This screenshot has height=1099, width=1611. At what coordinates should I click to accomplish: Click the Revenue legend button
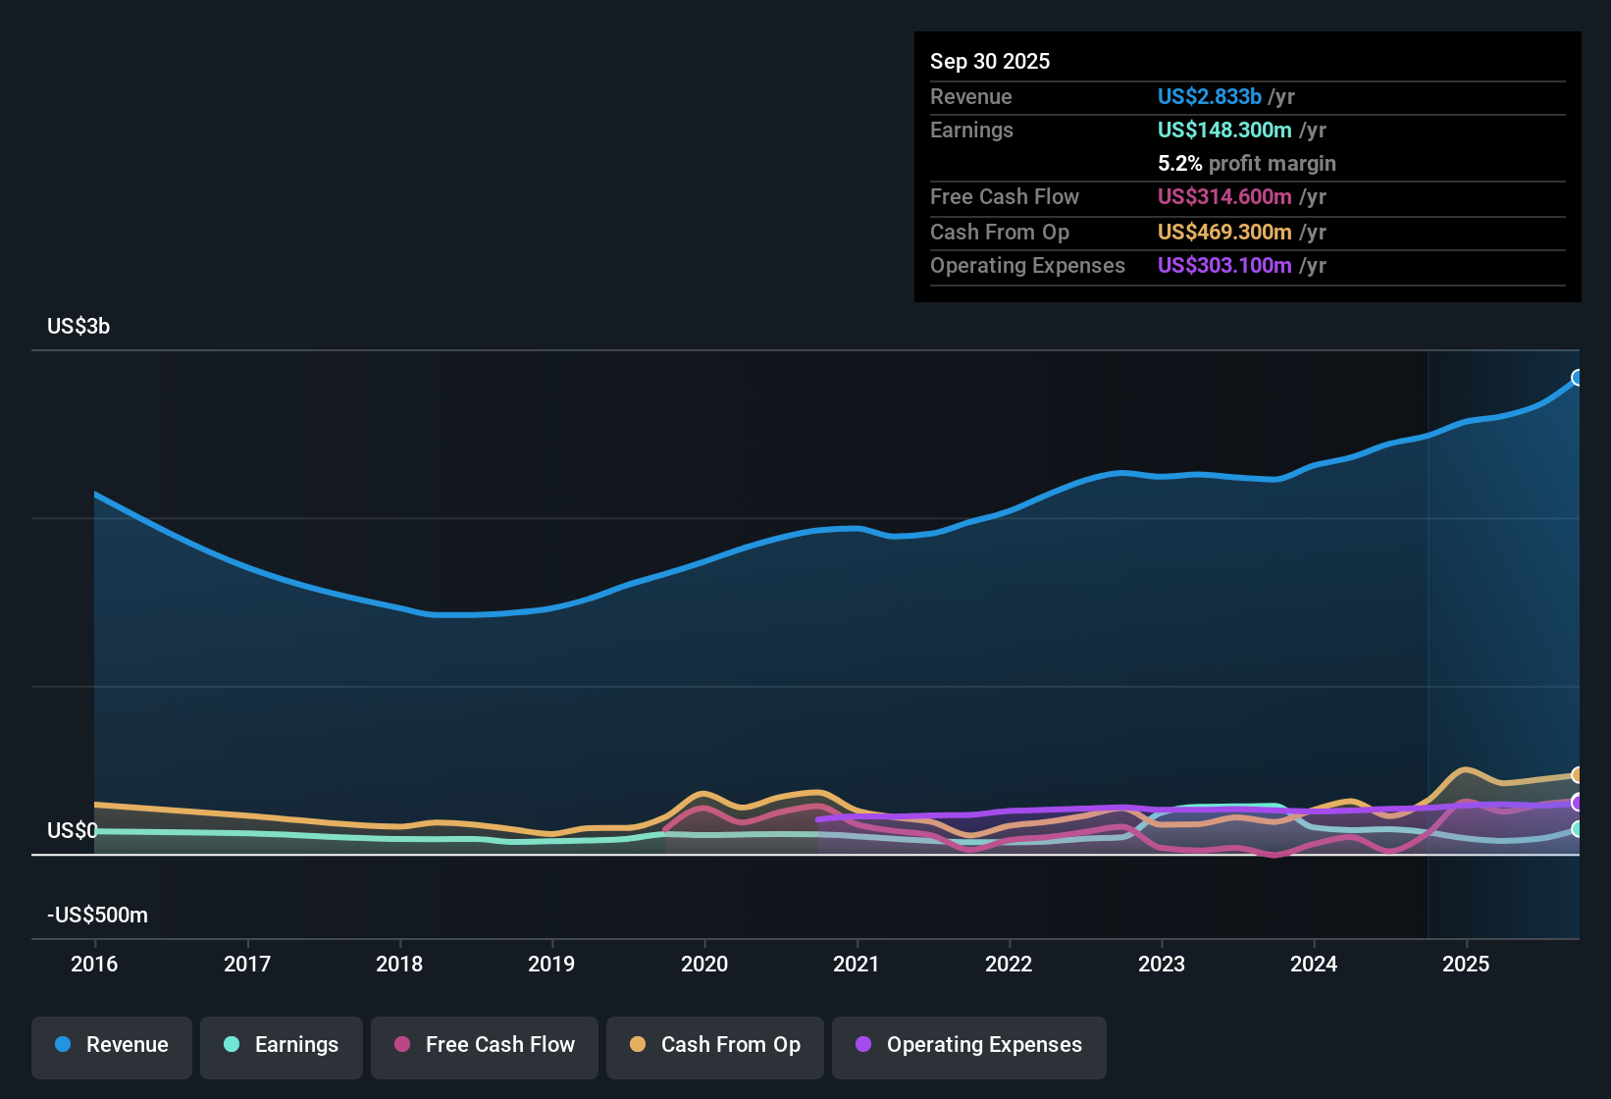(x=112, y=1045)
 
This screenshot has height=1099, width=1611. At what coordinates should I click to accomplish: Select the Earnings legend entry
(x=282, y=1045)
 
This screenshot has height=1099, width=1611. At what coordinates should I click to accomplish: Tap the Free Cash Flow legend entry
(x=485, y=1045)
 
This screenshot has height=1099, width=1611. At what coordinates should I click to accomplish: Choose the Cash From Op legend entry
(x=715, y=1045)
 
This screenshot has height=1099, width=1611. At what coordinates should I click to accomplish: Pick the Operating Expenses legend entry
(x=969, y=1045)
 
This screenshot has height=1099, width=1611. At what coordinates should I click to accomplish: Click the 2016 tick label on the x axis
(x=94, y=964)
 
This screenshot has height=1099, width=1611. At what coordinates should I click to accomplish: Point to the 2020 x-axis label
(x=704, y=964)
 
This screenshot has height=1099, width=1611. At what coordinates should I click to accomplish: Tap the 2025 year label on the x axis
(x=1466, y=964)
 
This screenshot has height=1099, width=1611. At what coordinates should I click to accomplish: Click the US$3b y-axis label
(x=78, y=327)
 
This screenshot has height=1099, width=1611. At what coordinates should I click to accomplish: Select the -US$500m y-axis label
(x=97, y=916)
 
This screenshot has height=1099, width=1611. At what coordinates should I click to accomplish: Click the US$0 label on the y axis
(x=72, y=831)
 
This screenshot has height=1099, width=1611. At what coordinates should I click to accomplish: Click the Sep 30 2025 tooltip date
(x=990, y=62)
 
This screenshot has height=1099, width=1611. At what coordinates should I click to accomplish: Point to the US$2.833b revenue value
(x=1209, y=97)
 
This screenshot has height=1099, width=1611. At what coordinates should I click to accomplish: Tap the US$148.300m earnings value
(x=1223, y=131)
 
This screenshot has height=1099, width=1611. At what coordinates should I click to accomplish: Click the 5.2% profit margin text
(x=1246, y=164)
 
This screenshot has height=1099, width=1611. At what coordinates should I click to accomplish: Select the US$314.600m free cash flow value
(x=1223, y=197)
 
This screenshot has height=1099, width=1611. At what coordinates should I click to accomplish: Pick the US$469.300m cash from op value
(x=1223, y=233)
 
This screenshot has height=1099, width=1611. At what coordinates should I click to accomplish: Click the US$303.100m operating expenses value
(x=1223, y=266)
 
